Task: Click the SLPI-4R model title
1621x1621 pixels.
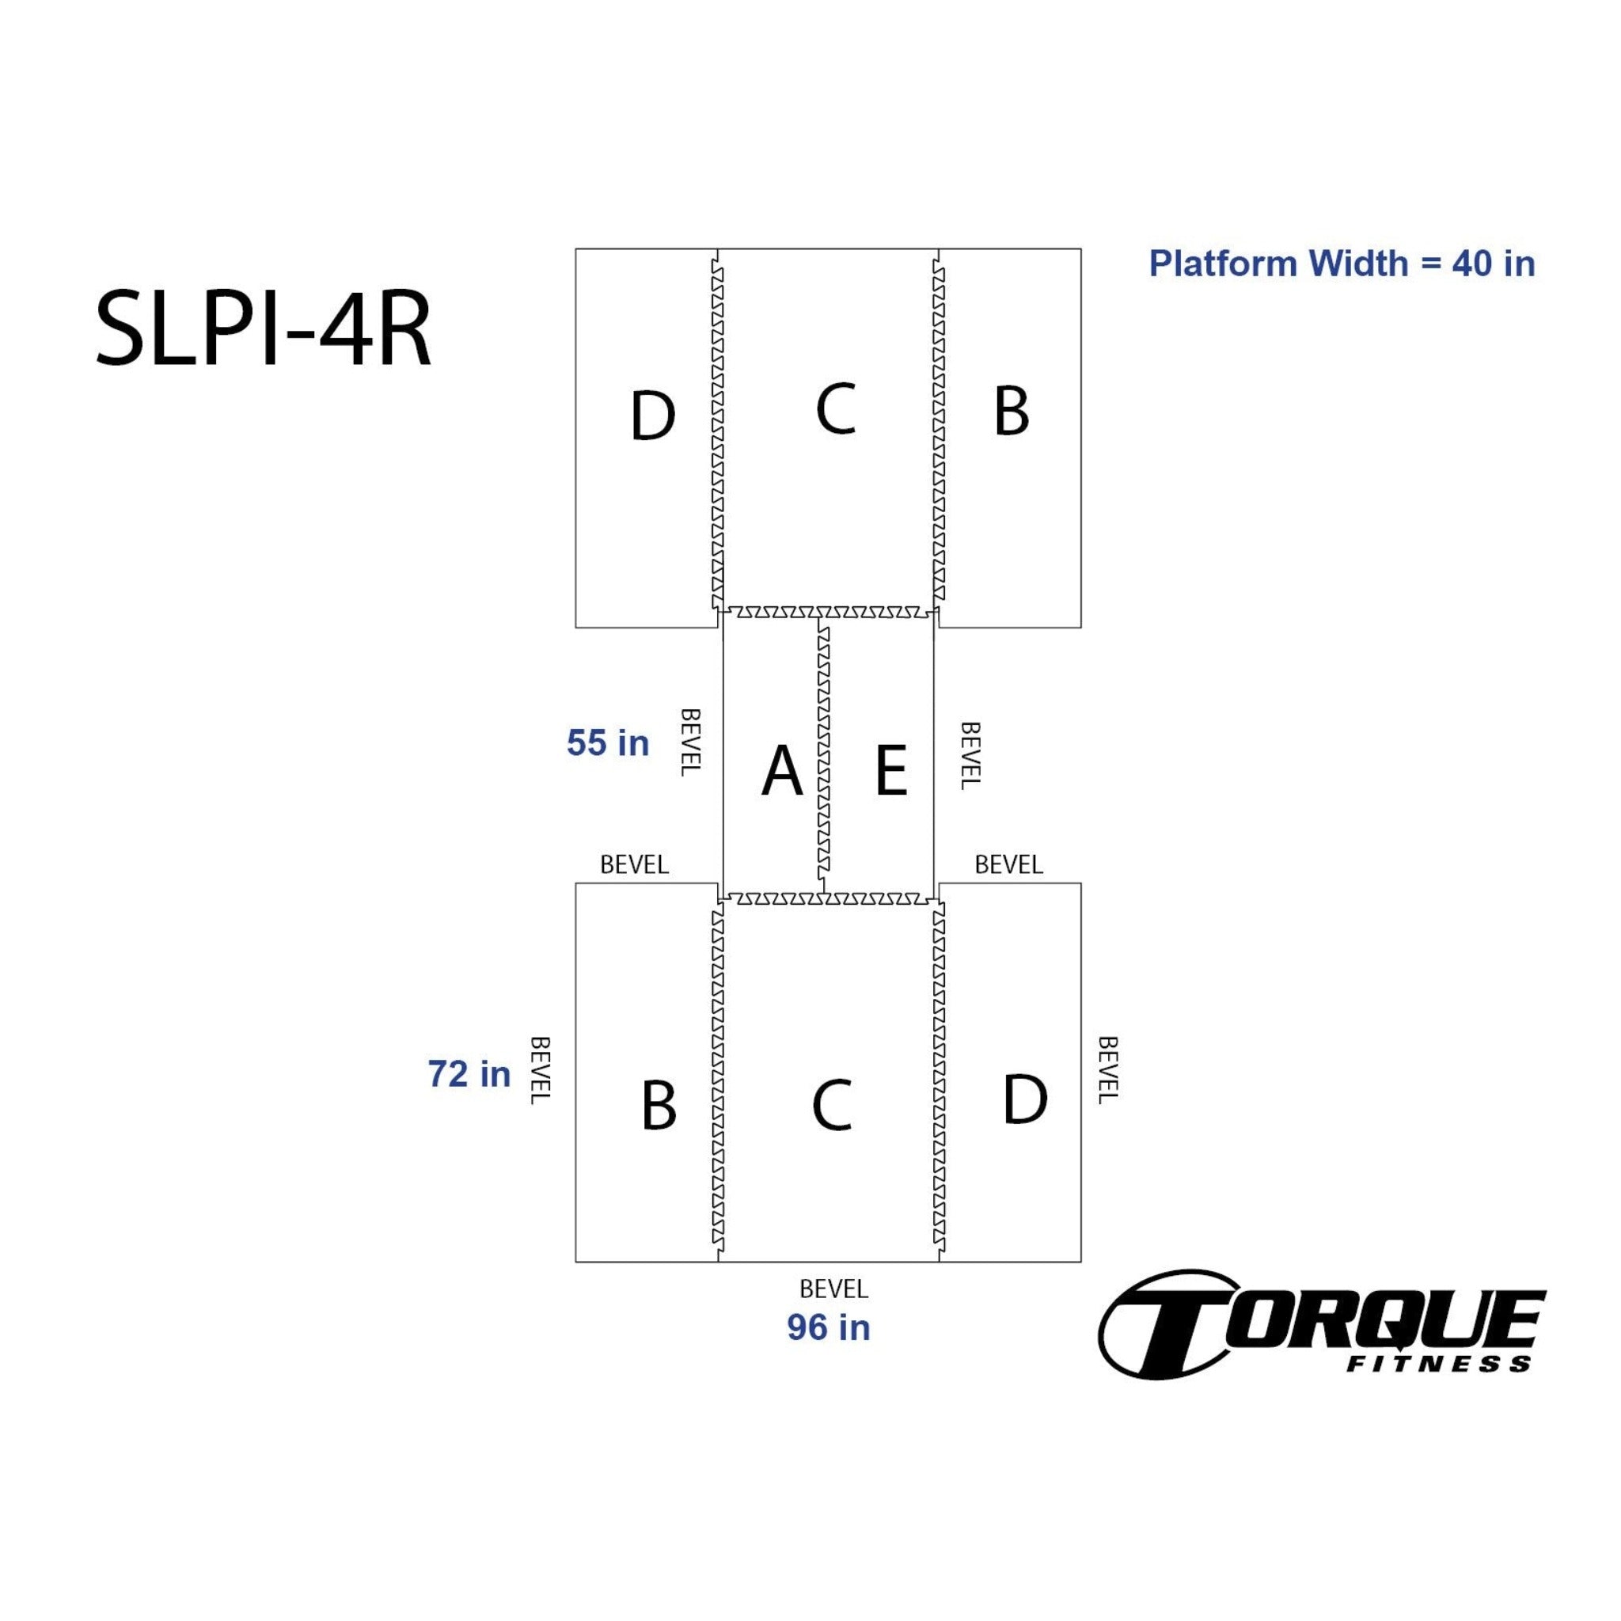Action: tap(264, 330)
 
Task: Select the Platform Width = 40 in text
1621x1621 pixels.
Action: tap(1342, 264)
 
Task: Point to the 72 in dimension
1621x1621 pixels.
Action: tap(469, 1074)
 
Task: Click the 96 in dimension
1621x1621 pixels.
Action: tap(828, 1327)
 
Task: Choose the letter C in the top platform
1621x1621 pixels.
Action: tap(836, 408)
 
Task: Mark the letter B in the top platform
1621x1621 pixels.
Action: tap(1011, 411)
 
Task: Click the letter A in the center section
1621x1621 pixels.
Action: tap(782, 770)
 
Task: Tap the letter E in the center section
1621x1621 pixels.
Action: tap(891, 770)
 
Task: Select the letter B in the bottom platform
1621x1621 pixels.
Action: tap(659, 1105)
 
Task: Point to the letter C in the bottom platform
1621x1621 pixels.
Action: tap(832, 1105)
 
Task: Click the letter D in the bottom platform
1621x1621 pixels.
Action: tap(1025, 1099)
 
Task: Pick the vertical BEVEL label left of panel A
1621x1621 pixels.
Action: tap(689, 742)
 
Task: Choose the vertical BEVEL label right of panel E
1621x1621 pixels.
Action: tap(970, 755)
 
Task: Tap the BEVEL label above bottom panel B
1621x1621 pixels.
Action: tap(634, 864)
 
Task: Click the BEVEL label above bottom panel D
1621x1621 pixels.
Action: tap(1008, 864)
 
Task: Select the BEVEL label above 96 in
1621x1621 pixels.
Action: tap(833, 1288)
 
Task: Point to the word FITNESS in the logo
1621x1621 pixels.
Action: tap(1439, 1365)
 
